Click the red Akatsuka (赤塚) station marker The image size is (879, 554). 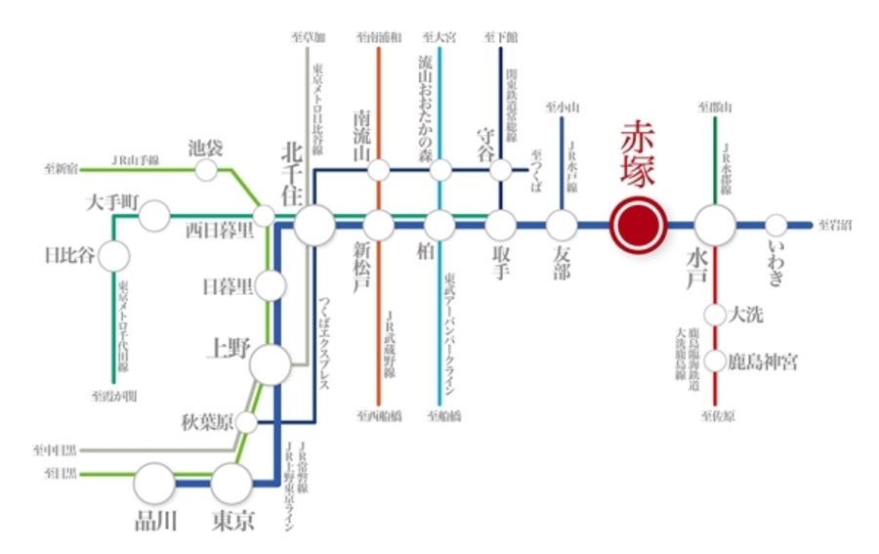(637, 226)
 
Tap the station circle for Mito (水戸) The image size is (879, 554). (716, 226)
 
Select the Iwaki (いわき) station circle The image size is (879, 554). (776, 226)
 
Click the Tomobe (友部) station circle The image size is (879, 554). (562, 226)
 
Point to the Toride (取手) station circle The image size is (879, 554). (501, 226)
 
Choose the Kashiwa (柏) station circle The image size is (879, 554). (440, 226)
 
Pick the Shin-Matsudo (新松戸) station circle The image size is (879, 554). (379, 226)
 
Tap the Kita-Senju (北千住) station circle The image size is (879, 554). (314, 226)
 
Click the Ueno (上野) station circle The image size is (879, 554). (271, 365)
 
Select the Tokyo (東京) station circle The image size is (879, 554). (231, 483)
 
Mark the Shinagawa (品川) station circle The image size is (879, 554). (154, 483)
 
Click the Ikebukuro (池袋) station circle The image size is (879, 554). (206, 170)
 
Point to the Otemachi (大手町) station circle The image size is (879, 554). (154, 215)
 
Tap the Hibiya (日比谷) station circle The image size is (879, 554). (113, 257)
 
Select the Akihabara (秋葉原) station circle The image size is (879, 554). (247, 422)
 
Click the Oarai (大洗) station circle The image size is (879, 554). (716, 315)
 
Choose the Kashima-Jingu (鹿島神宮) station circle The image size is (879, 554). (716, 362)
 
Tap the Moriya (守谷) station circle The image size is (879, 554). (501, 170)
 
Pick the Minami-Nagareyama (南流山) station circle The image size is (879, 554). (379, 170)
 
